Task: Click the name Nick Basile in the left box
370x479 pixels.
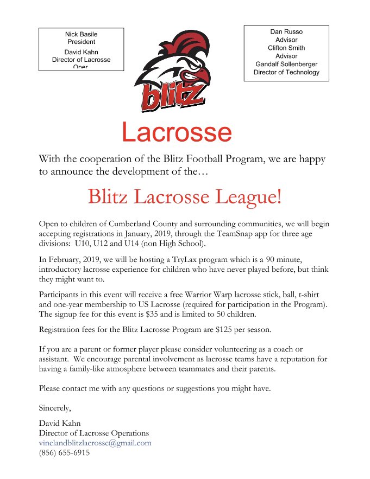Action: [x=81, y=34]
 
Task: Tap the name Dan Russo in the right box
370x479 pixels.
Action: [x=286, y=32]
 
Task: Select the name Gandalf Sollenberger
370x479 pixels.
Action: [x=286, y=64]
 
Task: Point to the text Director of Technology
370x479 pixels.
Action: [x=286, y=72]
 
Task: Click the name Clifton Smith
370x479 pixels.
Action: [x=286, y=48]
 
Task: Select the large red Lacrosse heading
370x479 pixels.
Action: [x=177, y=132]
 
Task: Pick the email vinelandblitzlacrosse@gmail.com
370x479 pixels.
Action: [x=95, y=443]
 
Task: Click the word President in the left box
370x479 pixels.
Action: [x=81, y=42]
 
